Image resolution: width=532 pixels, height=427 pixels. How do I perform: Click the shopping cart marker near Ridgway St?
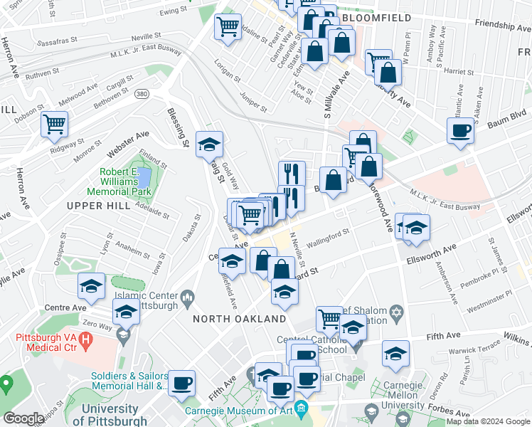tap(54, 125)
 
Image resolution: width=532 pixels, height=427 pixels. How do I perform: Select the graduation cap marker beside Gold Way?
tap(209, 144)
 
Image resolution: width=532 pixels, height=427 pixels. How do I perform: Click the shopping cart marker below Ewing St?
tap(228, 28)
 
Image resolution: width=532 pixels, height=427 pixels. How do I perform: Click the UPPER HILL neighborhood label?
tap(99, 206)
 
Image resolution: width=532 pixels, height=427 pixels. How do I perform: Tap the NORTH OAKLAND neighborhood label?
tap(240, 320)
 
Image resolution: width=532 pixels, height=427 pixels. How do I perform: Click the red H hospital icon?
tap(85, 342)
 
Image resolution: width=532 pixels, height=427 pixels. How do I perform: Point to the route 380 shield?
tap(142, 93)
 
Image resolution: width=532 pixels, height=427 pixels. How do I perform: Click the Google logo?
tap(23, 418)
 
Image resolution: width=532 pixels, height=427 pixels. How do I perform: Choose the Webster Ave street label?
tap(127, 143)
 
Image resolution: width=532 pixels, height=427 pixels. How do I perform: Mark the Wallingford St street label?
tap(329, 238)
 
